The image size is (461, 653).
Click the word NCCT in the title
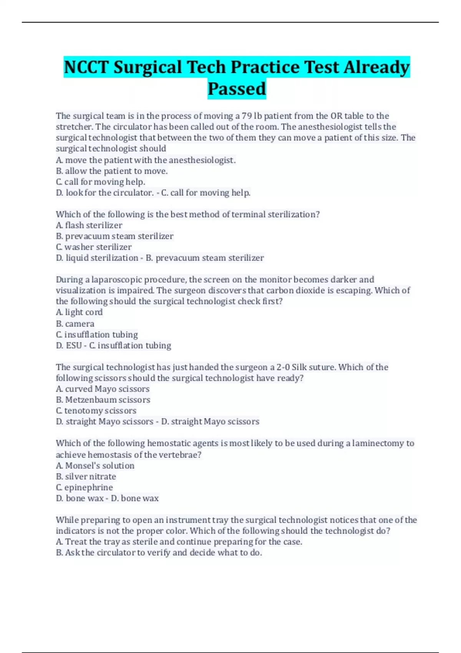click(86, 67)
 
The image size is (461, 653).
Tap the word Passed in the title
click(237, 89)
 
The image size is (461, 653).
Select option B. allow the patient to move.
click(112, 171)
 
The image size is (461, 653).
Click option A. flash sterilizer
click(89, 225)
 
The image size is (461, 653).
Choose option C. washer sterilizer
click(94, 247)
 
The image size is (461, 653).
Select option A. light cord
click(79, 312)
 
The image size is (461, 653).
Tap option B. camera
click(75, 324)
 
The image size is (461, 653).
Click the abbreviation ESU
click(74, 346)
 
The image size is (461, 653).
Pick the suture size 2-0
click(284, 367)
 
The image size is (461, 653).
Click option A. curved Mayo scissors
click(103, 389)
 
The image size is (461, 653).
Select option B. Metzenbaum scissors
click(103, 400)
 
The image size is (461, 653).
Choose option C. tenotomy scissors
click(96, 411)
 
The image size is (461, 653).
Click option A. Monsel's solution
click(95, 466)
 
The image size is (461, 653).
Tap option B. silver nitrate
click(86, 477)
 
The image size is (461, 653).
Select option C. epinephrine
click(85, 487)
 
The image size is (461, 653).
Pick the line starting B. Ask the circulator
click(159, 553)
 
